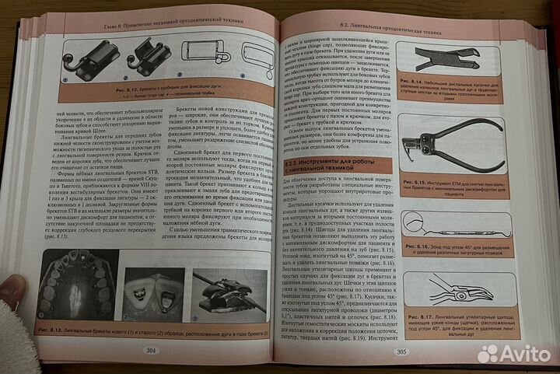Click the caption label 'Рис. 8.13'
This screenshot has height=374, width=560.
pos(54,331)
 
